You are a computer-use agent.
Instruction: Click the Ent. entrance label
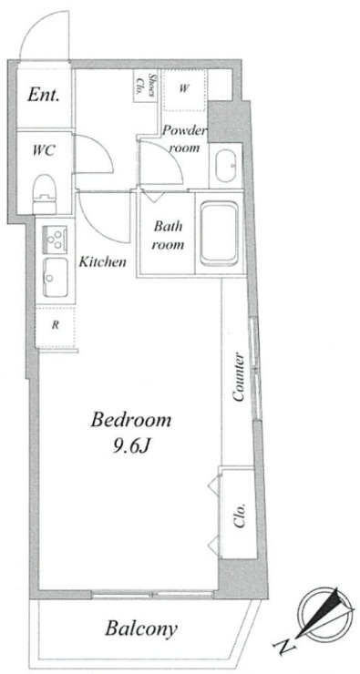tap(43, 95)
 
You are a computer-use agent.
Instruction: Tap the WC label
tap(43, 151)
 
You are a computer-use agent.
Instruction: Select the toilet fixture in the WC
tap(45, 193)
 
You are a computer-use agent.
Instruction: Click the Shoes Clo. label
tap(146, 86)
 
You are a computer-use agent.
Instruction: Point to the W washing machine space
tap(184, 89)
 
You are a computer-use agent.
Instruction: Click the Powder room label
tap(185, 139)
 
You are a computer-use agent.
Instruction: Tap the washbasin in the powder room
tap(226, 166)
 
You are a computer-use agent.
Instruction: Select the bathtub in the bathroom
tap(220, 233)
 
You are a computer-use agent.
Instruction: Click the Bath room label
tap(169, 235)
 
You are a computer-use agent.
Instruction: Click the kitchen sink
tap(55, 277)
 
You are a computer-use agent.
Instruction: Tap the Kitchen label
tap(102, 260)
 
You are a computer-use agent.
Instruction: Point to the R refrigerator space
tap(56, 325)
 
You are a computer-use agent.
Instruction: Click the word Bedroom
tap(130, 420)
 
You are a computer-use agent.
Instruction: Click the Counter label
tap(238, 377)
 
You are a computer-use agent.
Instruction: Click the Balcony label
tap(141, 628)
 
